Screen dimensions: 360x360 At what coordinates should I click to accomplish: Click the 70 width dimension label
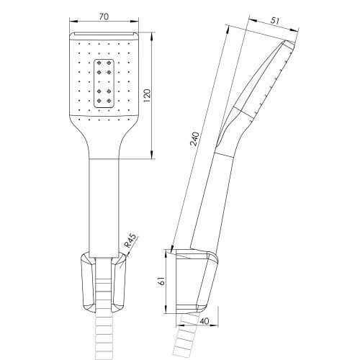click(x=104, y=17)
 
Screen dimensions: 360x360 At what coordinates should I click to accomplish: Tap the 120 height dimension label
click(x=147, y=96)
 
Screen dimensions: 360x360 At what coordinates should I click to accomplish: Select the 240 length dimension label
click(x=194, y=139)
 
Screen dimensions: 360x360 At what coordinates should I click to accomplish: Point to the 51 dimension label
click(x=274, y=21)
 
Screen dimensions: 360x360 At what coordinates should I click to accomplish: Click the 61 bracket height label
click(x=162, y=281)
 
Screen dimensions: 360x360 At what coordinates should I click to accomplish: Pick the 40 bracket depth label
click(x=204, y=321)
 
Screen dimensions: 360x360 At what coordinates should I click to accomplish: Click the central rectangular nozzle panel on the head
click(x=104, y=84)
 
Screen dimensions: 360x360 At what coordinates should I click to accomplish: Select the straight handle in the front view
click(x=104, y=208)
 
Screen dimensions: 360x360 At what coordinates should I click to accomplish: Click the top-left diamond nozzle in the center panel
click(x=99, y=63)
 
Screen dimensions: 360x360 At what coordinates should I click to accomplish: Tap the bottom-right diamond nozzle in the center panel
click(x=109, y=100)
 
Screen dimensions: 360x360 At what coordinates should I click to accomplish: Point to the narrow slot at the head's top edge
click(x=104, y=34)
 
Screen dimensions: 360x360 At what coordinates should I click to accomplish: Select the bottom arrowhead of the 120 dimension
click(x=152, y=155)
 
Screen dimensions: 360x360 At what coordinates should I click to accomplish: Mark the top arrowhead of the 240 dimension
click(x=228, y=29)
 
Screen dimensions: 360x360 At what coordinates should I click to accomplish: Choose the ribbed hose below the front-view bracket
click(x=104, y=337)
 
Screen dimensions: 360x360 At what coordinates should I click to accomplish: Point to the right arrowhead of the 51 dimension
click(x=294, y=30)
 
